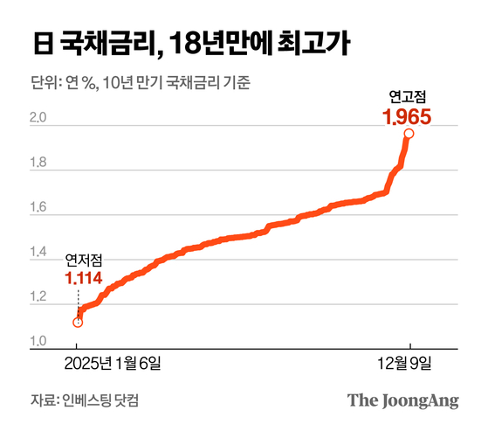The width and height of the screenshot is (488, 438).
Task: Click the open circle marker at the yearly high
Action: pyautogui.click(x=408, y=134)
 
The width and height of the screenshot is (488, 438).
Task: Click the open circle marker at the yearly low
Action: pyautogui.click(x=78, y=323)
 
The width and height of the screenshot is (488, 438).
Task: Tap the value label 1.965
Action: pyautogui.click(x=408, y=114)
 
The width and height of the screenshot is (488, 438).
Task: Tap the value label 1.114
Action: pyautogui.click(x=83, y=279)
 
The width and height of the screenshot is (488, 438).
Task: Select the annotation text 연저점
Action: pyautogui.click(x=83, y=261)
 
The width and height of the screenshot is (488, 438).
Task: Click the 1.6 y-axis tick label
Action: pyautogui.click(x=38, y=208)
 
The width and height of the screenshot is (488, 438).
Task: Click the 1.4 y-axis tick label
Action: pyautogui.click(x=38, y=254)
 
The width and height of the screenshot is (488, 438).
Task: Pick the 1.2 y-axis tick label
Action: pyautogui.click(x=38, y=299)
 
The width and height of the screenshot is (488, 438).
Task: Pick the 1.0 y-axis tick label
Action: pyautogui.click(x=38, y=341)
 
